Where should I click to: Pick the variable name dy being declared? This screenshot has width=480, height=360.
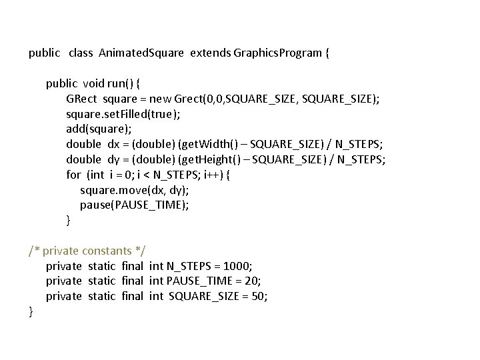114,159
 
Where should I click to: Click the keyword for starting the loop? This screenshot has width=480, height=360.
73,175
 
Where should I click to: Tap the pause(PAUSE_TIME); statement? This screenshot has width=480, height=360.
135,205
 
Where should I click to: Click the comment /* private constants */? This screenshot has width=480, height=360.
87,251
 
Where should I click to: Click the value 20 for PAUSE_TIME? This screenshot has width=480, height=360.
253,281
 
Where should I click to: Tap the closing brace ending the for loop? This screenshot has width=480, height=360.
68,220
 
